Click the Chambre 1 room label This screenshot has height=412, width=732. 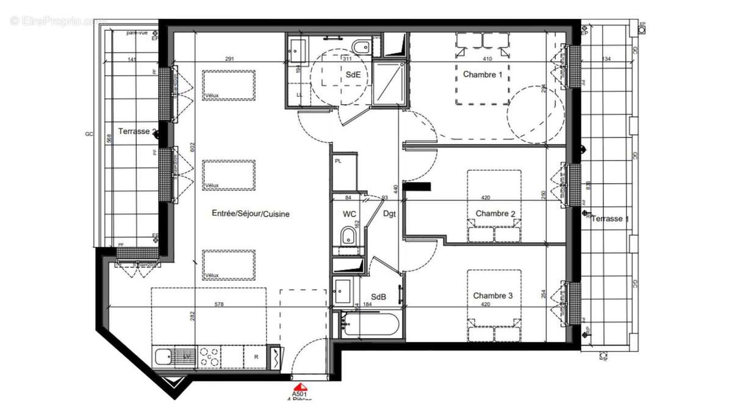click(483, 75)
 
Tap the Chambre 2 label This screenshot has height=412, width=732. click(495, 214)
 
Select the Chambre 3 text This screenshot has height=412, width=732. click(493, 296)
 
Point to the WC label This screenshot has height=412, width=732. click(350, 214)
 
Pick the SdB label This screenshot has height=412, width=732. click(378, 297)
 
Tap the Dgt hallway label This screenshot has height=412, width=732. click(390, 214)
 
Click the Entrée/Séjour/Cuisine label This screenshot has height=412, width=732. click(251, 214)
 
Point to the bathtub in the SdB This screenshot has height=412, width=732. click(371, 323)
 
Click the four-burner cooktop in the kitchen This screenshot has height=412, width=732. click(210, 356)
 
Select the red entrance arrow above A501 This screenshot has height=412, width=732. click(300, 387)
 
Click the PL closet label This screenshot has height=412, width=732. click(338, 161)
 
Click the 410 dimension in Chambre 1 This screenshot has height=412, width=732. click(487, 59)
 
